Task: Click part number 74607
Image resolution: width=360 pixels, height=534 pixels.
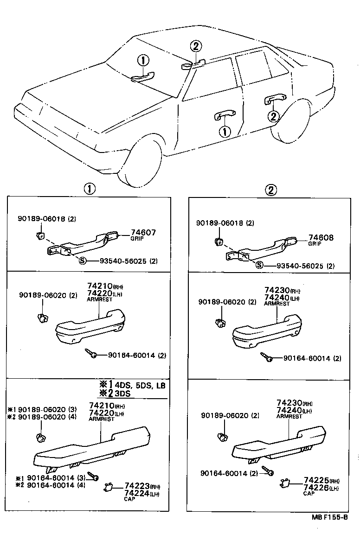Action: [143, 233]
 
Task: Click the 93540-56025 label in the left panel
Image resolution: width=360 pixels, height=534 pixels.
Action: [123, 261]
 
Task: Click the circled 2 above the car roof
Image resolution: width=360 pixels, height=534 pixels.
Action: [196, 46]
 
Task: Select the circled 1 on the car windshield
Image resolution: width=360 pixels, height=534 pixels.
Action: [143, 60]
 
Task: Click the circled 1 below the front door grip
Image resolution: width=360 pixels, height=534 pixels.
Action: [225, 132]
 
